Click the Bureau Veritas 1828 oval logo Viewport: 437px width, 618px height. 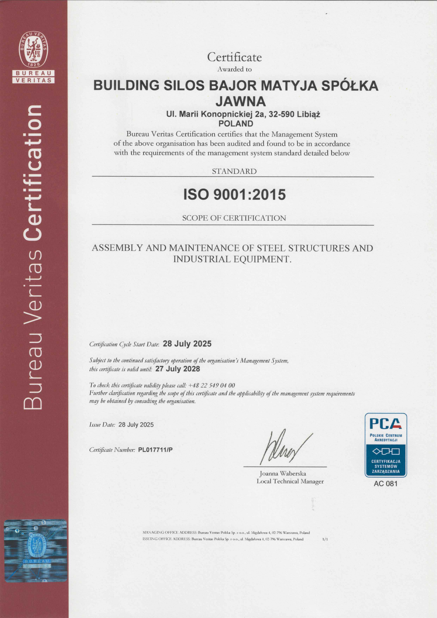(33, 49)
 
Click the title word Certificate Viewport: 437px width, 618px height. (234, 57)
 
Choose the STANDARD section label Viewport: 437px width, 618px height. (234, 171)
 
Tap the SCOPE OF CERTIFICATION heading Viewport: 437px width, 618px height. (234, 218)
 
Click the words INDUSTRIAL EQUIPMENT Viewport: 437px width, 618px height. (232, 259)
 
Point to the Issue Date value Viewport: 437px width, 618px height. (136, 424)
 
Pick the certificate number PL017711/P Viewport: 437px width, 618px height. (155, 450)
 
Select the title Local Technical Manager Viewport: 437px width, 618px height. (290, 481)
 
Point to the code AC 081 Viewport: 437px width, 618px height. (386, 484)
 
